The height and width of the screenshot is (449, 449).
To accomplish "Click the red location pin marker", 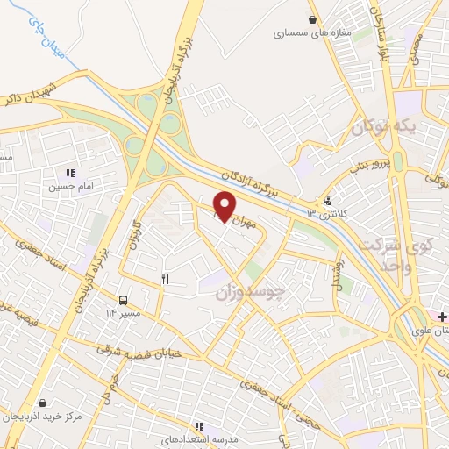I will tap(224, 207).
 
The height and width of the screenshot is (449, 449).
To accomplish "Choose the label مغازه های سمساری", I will tap(312, 34).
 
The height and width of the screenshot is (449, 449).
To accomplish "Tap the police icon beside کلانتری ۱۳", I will tap(327, 199).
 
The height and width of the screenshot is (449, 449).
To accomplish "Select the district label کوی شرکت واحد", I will tap(411, 253).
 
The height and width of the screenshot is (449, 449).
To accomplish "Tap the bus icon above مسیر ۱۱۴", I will tap(123, 299).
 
